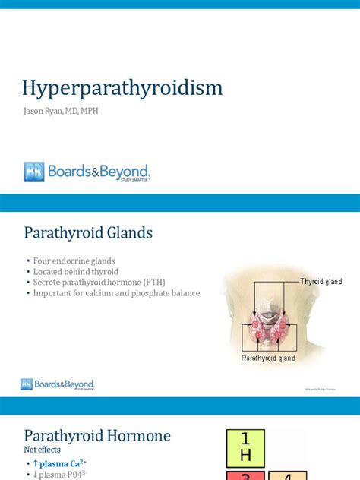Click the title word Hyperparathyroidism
pyautogui.click(x=123, y=89)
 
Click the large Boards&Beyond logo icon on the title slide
pyautogui.click(x=34, y=172)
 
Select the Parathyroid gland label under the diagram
pyautogui.click(x=267, y=357)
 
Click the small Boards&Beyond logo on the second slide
pyautogui.click(x=58, y=384)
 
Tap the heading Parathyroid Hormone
pyautogui.click(x=97, y=436)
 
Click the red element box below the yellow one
pyautogui.click(x=245, y=475)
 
